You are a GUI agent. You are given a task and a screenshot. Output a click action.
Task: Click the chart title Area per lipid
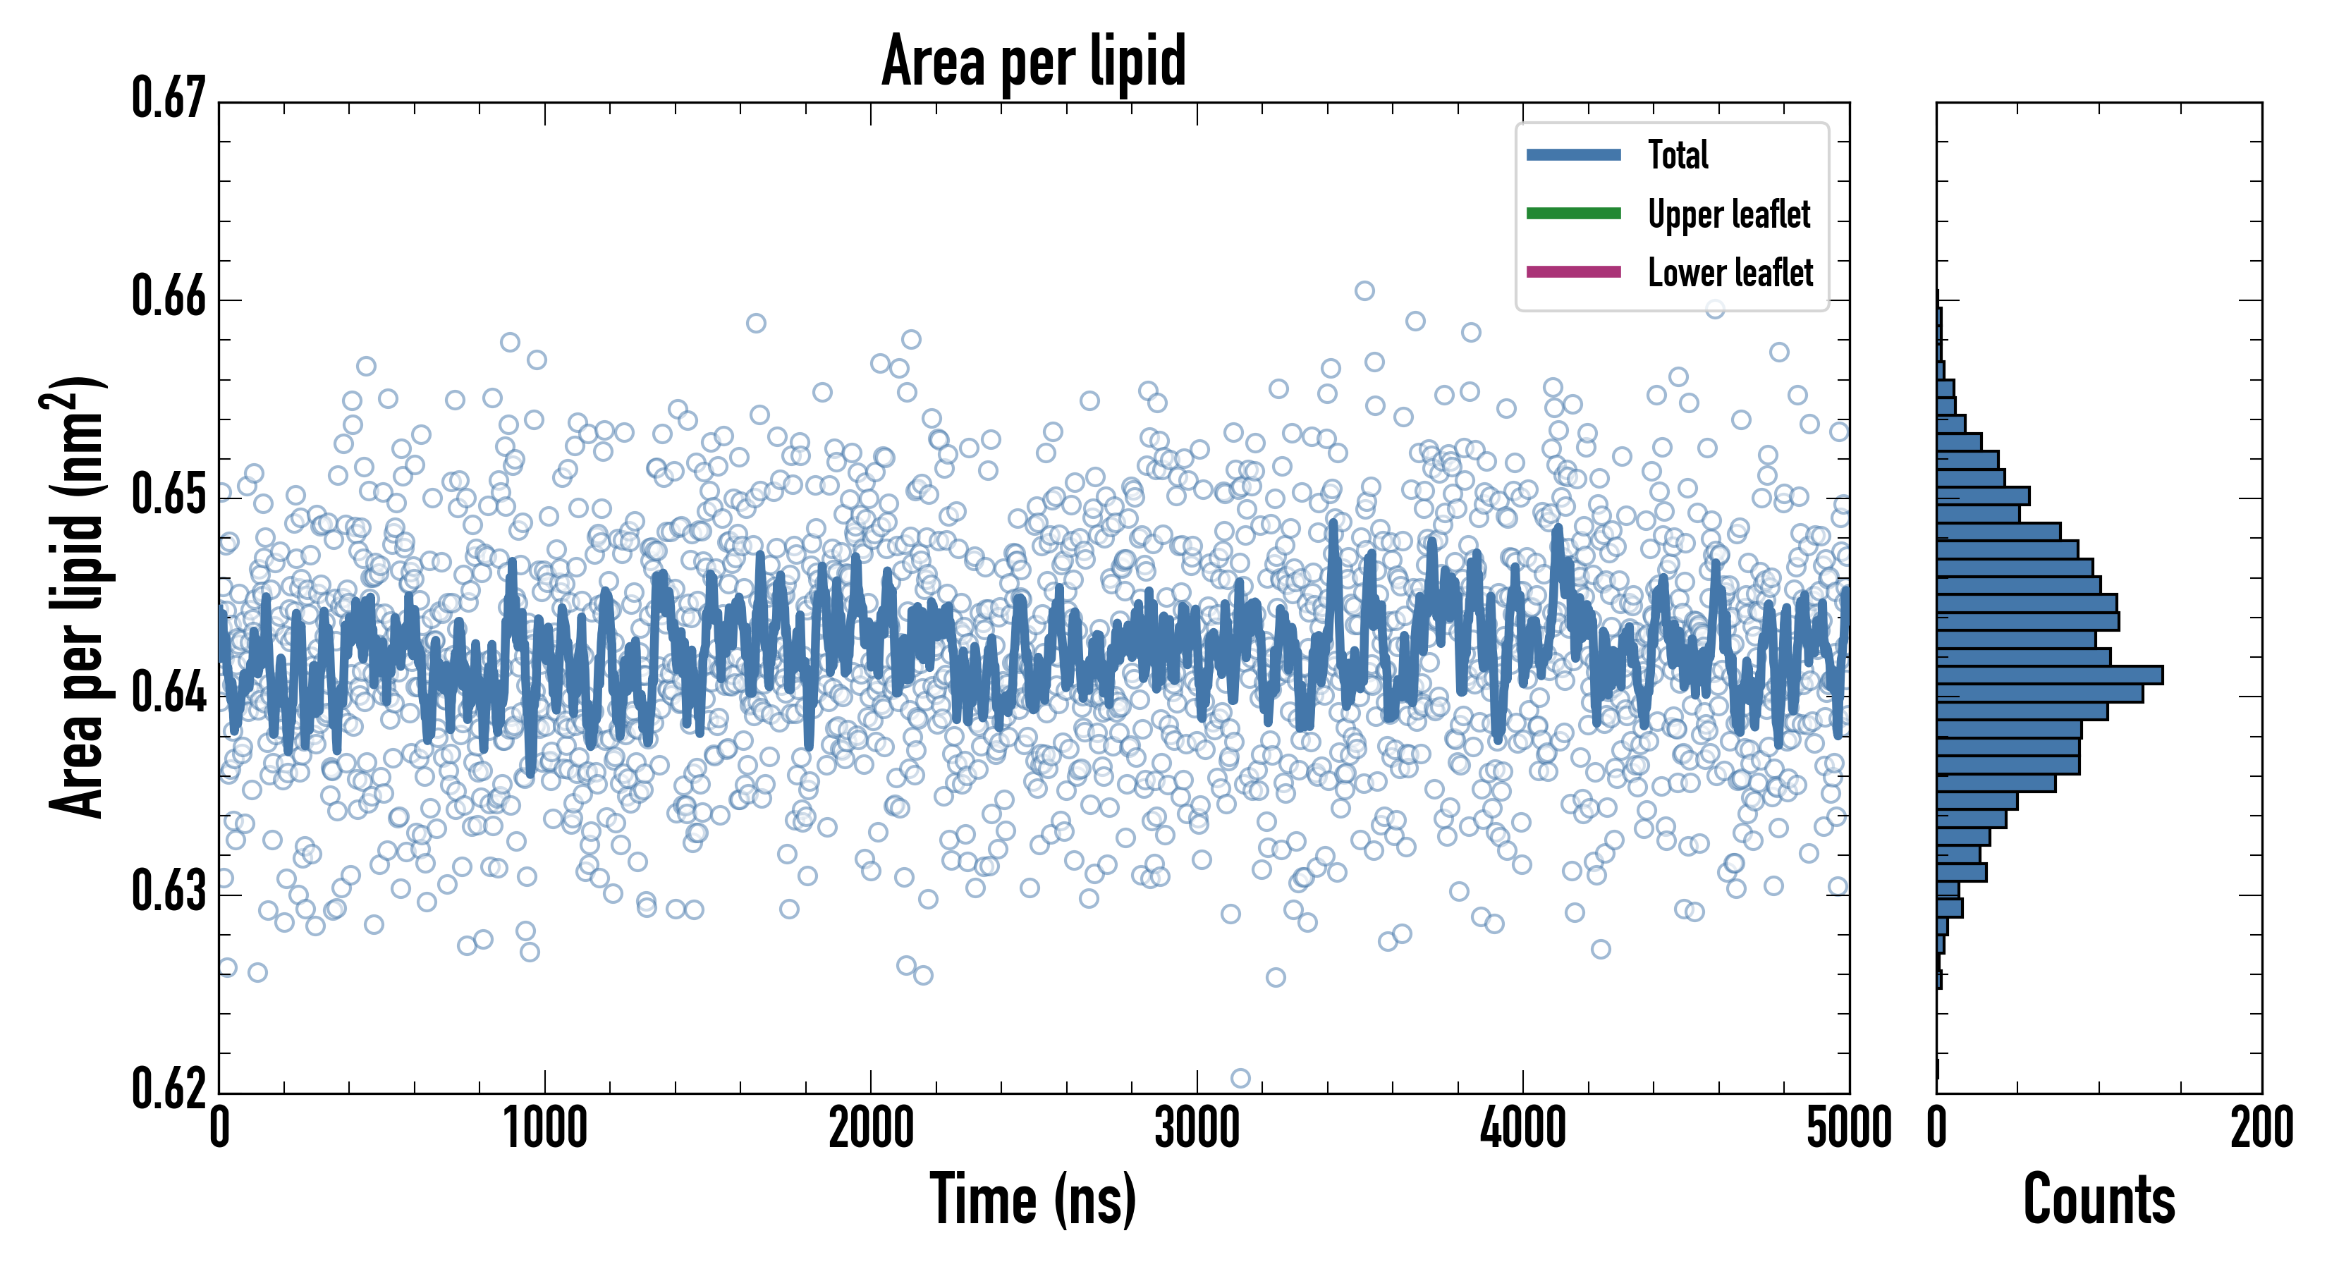coord(1034,61)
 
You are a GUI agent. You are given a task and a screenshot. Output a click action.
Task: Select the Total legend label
coord(1678,154)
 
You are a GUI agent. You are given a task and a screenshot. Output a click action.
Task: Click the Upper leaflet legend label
coord(1728,214)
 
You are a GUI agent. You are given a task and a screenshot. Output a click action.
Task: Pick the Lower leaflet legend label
coord(1730,273)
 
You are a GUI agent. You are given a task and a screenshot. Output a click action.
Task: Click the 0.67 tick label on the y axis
coord(169,99)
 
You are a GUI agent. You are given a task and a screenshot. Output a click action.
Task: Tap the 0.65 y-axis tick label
coord(169,495)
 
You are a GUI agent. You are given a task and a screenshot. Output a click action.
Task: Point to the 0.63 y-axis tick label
coord(169,891)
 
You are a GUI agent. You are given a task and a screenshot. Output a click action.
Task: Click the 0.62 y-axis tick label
coord(169,1089)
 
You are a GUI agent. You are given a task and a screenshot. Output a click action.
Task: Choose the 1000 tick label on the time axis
coord(544,1129)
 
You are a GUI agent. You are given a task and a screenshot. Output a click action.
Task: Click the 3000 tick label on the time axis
coord(1197,1129)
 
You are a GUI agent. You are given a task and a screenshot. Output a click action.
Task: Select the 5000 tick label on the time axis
coord(1848,1129)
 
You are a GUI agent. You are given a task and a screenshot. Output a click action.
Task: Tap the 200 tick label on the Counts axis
coord(2261,1129)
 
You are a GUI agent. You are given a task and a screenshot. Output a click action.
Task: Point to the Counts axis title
coord(2099,1199)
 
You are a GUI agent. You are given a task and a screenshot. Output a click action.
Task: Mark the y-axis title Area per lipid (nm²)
coord(77,596)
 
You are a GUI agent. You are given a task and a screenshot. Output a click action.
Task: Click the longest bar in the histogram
coord(2048,675)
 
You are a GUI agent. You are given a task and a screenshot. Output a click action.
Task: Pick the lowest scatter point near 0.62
coord(1240,1077)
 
